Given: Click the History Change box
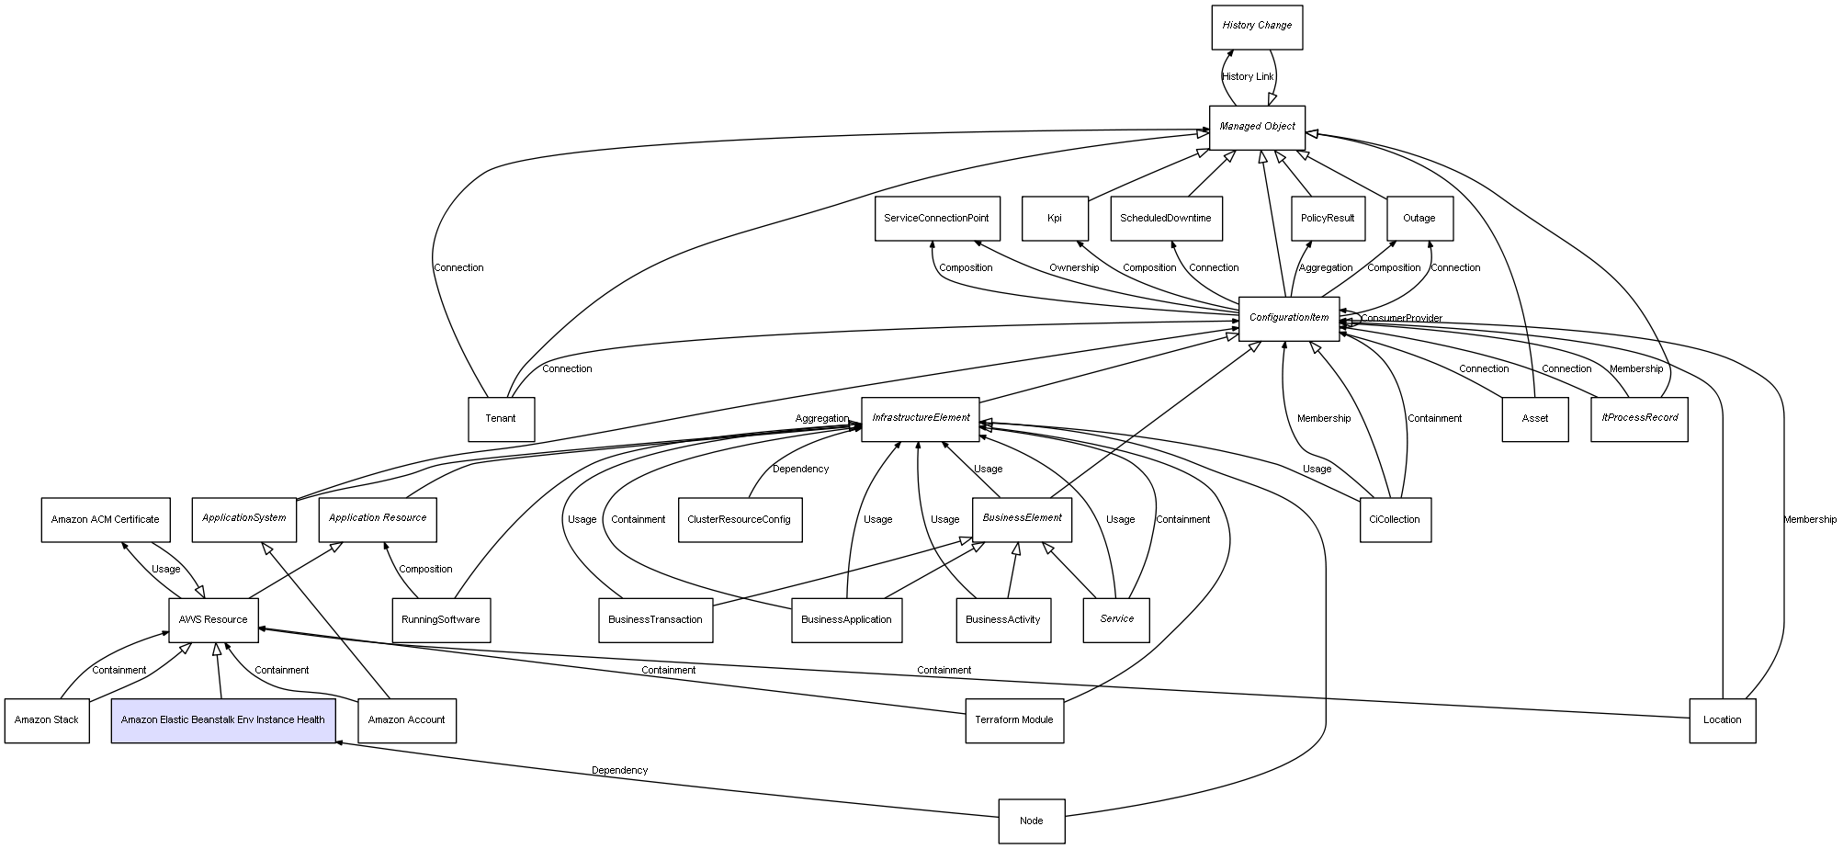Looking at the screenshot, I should tap(1256, 27).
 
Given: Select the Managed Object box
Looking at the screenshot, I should tap(1256, 127).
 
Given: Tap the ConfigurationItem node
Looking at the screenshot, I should tap(1288, 318).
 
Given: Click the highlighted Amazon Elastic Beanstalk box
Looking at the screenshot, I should tap(222, 720).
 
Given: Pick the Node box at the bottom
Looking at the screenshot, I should tap(1031, 821).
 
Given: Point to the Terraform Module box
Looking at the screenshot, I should tap(1013, 720).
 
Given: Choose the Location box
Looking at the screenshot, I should tap(1721, 720).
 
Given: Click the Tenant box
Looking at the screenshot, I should tap(500, 419).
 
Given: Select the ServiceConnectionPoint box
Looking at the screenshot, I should tap(935, 219).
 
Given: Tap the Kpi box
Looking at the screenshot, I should tap(1054, 219).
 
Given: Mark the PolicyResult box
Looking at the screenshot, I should tap(1327, 219).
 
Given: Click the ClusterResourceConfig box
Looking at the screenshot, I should tap(739, 520).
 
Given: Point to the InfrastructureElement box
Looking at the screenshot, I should tap(921, 419).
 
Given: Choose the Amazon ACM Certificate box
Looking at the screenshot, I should tap(105, 520).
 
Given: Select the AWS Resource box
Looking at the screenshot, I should tap(212, 620).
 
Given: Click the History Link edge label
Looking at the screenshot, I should tap(1248, 77).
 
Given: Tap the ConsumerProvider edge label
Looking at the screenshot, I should tap(1401, 319).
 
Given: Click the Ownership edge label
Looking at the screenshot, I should tap(1073, 268).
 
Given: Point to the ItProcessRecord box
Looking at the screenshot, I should tap(1638, 419).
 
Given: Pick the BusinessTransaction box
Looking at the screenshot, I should tap(654, 620).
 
